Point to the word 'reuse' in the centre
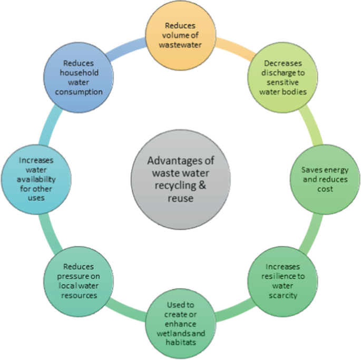click(181, 198)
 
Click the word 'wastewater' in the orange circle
click(181, 44)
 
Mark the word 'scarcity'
click(282, 295)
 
